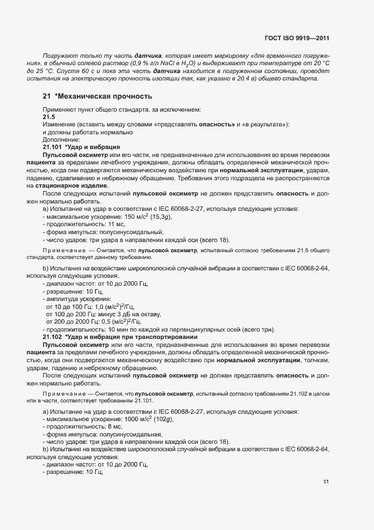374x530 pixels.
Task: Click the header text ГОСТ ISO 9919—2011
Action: pos(296,39)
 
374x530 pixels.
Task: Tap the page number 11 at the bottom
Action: pos(326,482)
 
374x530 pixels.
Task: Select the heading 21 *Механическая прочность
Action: pos(97,96)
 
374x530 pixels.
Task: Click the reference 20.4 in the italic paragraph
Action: pos(234,78)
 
